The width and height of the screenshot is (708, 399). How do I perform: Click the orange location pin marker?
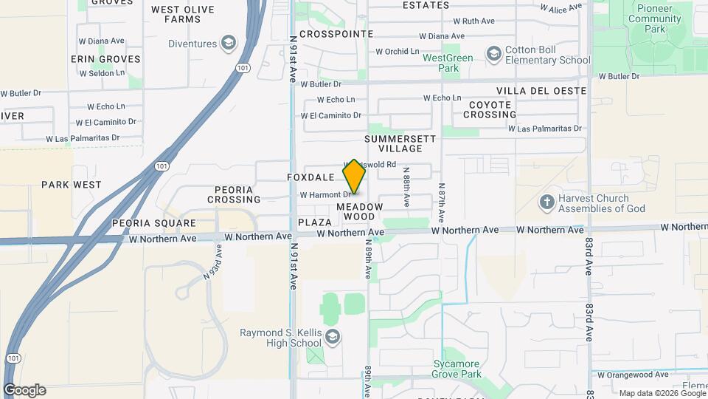point(355,176)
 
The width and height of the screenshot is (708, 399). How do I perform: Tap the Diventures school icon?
point(229,43)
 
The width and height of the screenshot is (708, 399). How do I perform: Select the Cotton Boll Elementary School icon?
point(493,52)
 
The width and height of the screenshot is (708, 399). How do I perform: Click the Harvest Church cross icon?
point(546,202)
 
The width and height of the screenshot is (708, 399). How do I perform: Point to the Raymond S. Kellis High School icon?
point(333,338)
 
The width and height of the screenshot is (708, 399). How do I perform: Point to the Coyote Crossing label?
point(490,109)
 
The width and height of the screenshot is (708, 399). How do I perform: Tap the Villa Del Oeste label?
point(541,90)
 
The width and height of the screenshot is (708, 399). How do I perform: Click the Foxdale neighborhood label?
point(310,177)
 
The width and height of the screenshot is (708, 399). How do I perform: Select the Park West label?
point(71,184)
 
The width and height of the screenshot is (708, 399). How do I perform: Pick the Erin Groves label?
point(105,58)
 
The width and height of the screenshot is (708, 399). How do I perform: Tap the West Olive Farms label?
point(182,14)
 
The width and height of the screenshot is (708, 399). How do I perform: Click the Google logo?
point(24,390)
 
